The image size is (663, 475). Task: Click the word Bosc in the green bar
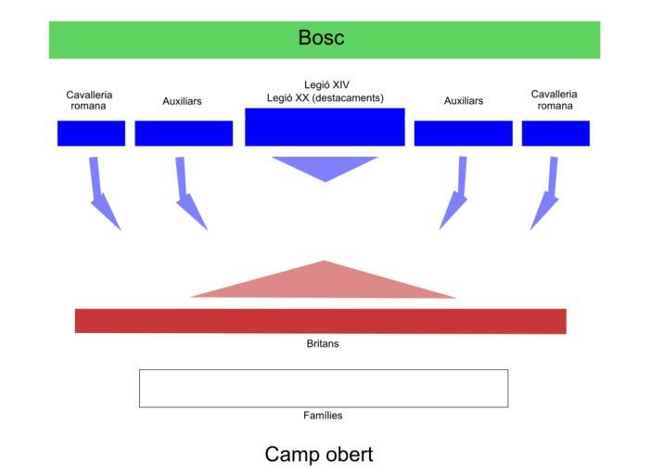point(321,38)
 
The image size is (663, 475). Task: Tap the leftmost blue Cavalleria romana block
point(91,134)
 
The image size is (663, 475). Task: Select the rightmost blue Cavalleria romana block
point(555,134)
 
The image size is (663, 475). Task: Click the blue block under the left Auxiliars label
point(184,134)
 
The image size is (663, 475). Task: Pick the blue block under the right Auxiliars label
point(463,134)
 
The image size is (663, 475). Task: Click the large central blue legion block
point(325,127)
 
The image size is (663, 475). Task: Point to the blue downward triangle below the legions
point(325,166)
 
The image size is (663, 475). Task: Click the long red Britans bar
point(320,321)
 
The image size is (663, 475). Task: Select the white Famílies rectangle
point(324,388)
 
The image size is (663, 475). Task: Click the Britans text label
point(323,344)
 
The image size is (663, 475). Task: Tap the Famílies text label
point(323,416)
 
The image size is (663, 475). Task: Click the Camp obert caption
point(319,455)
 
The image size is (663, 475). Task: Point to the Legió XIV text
point(326,85)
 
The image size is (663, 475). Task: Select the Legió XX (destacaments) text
point(325,98)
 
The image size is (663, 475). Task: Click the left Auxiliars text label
point(182,101)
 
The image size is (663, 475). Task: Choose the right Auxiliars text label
point(463,101)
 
